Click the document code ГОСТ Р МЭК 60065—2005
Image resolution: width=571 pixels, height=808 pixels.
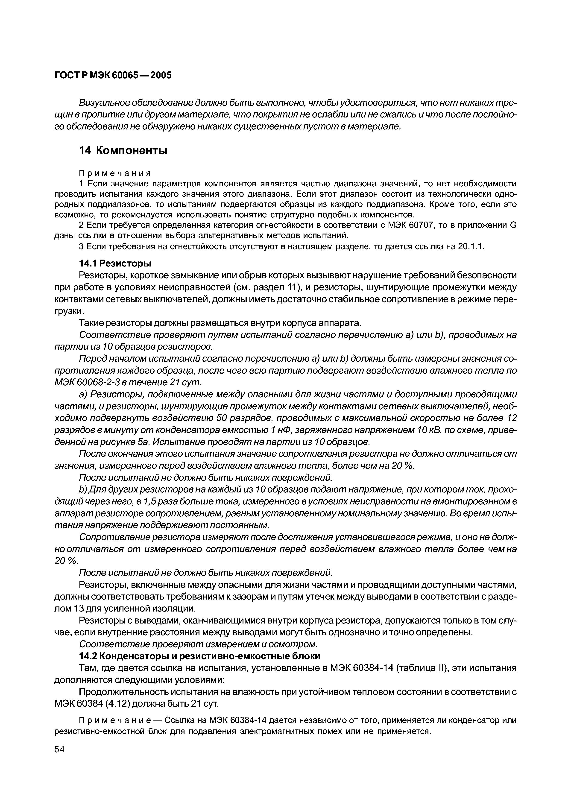tap(113, 75)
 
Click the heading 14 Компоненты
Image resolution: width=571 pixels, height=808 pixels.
tap(123, 151)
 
